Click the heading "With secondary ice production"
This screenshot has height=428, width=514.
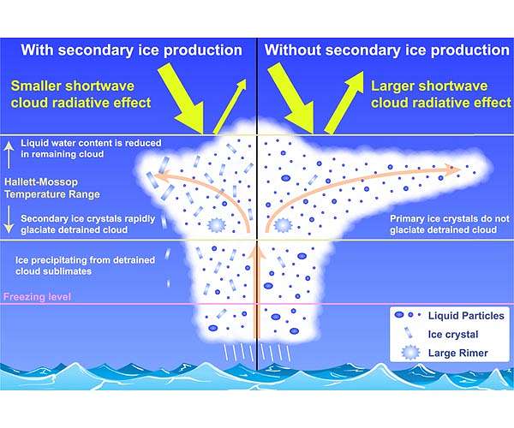tap(131, 51)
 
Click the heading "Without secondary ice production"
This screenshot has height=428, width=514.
tap(387, 51)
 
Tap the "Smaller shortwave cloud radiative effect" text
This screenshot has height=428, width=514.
tap(81, 94)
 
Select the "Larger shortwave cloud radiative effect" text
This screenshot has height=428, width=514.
tap(441, 94)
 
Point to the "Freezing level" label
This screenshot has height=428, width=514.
tap(37, 297)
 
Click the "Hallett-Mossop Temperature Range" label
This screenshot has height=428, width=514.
tap(52, 188)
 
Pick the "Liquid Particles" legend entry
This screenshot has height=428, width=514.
tap(466, 316)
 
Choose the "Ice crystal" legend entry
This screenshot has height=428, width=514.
tap(453, 335)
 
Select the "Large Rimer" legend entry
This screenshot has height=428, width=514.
tap(458, 353)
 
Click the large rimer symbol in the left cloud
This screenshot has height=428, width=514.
tap(215, 225)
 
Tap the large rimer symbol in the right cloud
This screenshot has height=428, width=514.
tap(283, 225)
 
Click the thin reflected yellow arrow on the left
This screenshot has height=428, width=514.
tap(230, 106)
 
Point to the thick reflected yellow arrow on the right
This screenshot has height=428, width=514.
tap(344, 103)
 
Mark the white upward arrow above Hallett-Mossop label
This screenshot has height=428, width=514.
tap(9, 155)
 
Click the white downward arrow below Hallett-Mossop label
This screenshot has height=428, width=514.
tap(9, 219)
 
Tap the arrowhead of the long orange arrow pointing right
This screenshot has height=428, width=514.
tap(455, 169)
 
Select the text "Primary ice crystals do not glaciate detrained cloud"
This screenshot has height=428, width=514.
tap(450, 224)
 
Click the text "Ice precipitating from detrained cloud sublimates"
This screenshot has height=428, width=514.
tap(85, 265)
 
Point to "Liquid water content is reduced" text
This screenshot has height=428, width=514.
tap(91, 143)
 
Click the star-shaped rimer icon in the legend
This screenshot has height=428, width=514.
tap(410, 353)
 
